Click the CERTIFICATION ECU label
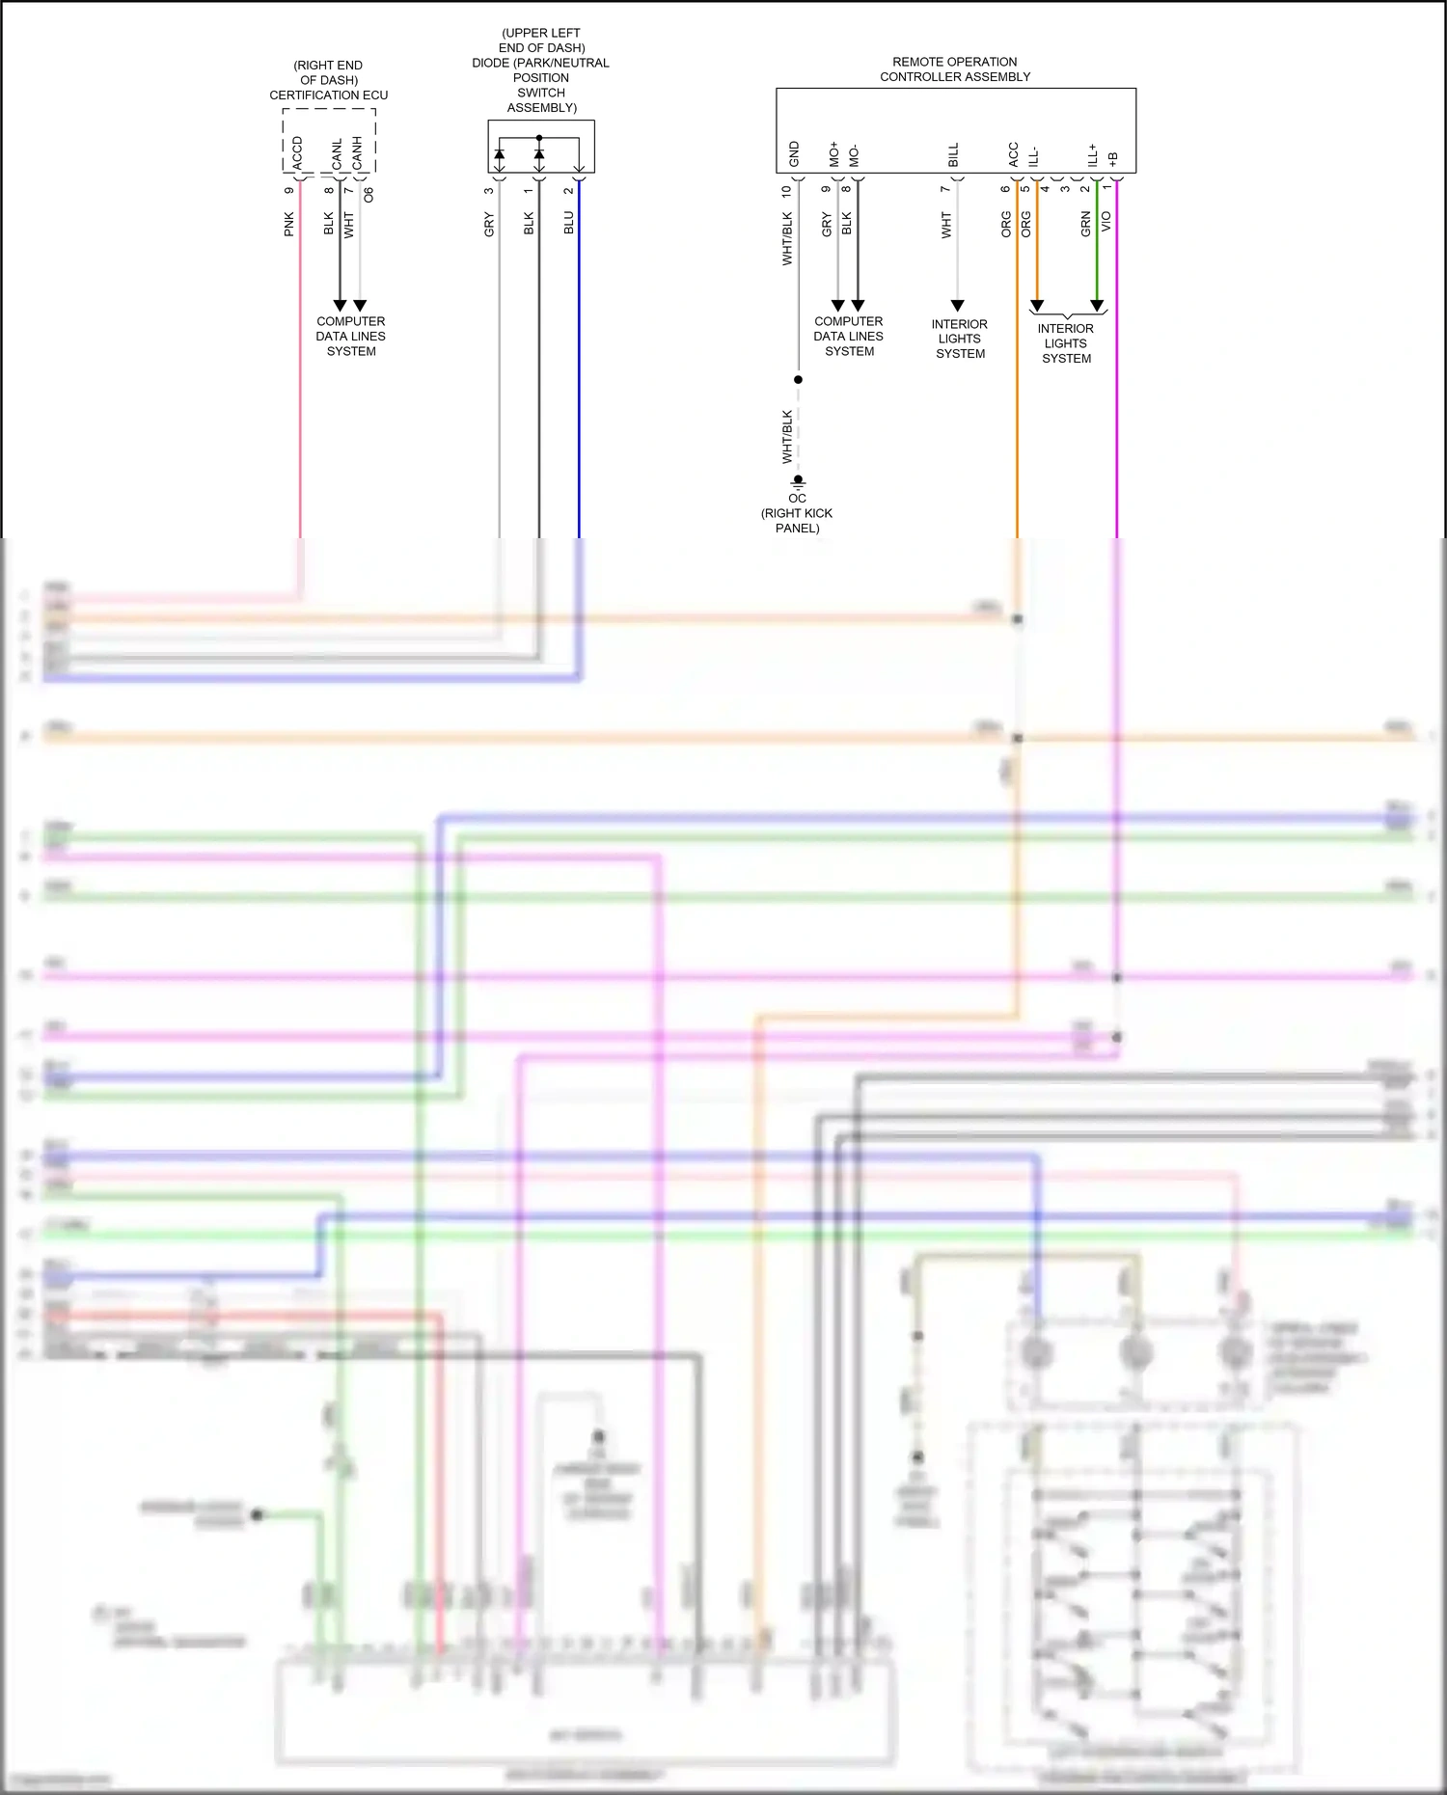coord(328,95)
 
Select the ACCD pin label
coord(297,152)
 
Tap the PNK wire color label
coord(288,225)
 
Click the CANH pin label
coord(357,152)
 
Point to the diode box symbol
coord(540,147)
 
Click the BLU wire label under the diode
coord(568,223)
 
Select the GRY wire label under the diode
coord(488,225)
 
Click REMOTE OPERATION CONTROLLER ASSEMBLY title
coord(955,68)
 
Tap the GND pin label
coord(794,153)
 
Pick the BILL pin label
coord(953,154)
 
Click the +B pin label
coord(1113,158)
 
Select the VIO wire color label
coord(1106,221)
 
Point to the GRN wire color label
coord(1085,224)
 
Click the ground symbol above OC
coord(798,480)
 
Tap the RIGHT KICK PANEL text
coord(797,520)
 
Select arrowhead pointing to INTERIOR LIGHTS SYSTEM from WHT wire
coord(957,306)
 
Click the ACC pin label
coord(1013,154)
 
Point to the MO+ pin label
coord(834,154)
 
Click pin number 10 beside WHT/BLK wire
coord(786,191)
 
